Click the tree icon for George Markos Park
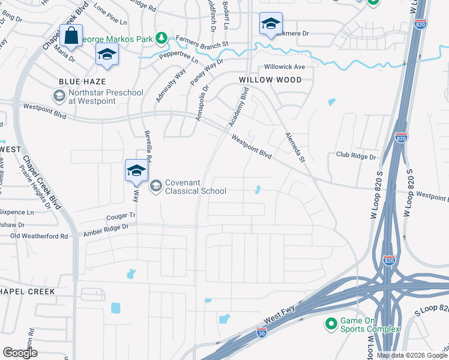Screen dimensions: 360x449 [161, 39]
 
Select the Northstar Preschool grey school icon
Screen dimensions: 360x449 [59, 95]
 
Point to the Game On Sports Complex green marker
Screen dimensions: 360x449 [330, 325]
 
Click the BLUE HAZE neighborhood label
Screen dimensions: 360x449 [82, 81]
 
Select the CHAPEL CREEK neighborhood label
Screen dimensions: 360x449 [28, 291]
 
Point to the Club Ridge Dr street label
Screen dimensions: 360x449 [355, 156]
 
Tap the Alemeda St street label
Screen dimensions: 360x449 [295, 147]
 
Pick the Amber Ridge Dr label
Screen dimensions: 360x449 [106, 227]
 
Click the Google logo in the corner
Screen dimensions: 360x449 [20, 353]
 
